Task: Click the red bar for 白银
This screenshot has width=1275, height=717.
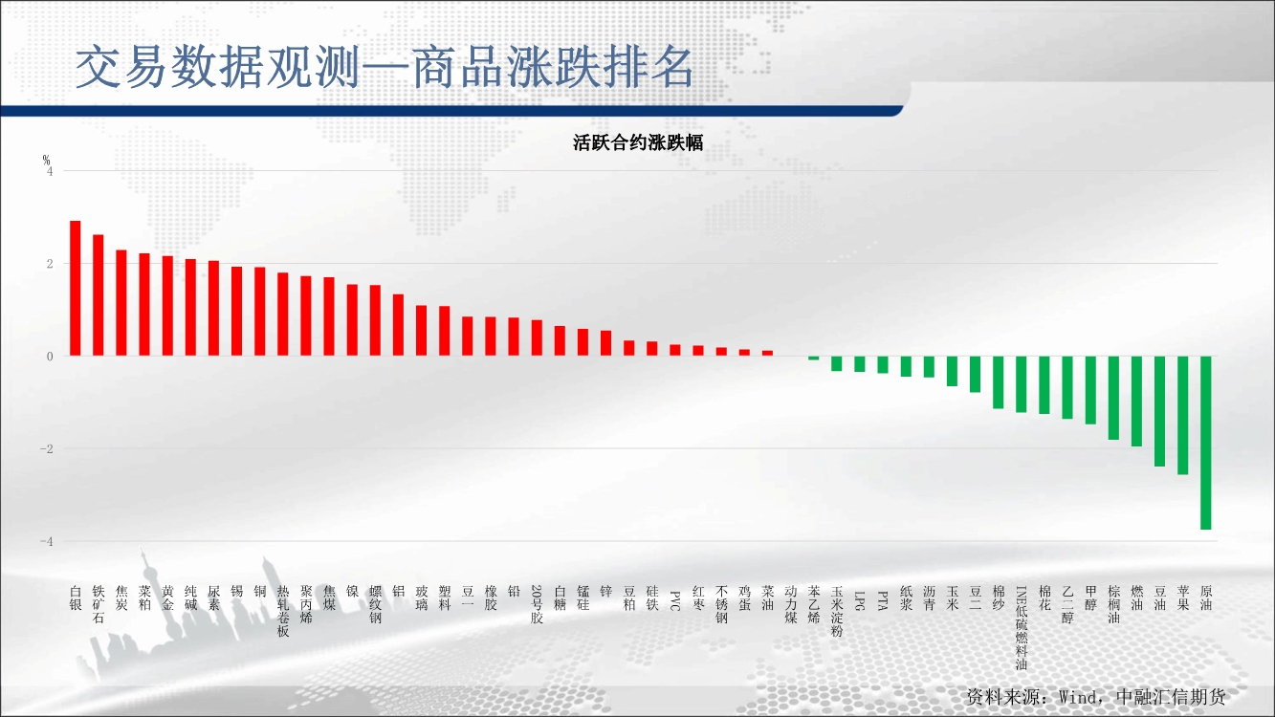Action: pyautogui.click(x=76, y=288)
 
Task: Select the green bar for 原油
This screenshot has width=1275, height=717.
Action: pyautogui.click(x=1205, y=443)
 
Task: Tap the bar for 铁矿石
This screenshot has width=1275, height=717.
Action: pyautogui.click(x=98, y=294)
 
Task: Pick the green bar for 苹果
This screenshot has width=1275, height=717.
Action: pyautogui.click(x=1182, y=416)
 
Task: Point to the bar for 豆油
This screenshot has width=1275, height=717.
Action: pyautogui.click(x=1159, y=411)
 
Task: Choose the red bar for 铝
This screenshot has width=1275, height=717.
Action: pyautogui.click(x=399, y=325)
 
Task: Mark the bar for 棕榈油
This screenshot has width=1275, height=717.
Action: pyautogui.click(x=1113, y=398)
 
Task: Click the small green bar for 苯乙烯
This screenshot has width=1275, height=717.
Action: pyautogui.click(x=813, y=358)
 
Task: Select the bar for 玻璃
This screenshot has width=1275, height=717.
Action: pyautogui.click(x=421, y=331)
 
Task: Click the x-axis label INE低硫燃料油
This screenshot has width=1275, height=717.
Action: pyautogui.click(x=1022, y=628)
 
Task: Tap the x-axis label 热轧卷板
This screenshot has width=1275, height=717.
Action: pyautogui.click(x=283, y=611)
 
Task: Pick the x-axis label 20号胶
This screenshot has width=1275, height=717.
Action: pyautogui.click(x=537, y=604)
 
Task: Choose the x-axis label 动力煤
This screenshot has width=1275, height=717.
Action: pyautogui.click(x=791, y=604)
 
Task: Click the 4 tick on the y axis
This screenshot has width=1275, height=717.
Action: pyautogui.click(x=50, y=171)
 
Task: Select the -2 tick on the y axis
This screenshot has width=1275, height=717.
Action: pyautogui.click(x=47, y=449)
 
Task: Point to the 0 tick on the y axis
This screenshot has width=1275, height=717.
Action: pyautogui.click(x=50, y=357)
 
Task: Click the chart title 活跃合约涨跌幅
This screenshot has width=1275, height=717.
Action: pyautogui.click(x=638, y=142)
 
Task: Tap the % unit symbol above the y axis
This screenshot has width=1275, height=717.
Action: pyautogui.click(x=46, y=160)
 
